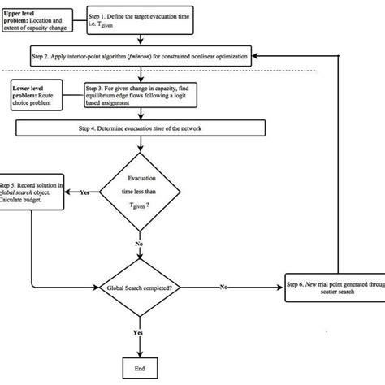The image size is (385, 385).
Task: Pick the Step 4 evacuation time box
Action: [x=142, y=128]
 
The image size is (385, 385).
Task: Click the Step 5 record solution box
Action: [x=32, y=194]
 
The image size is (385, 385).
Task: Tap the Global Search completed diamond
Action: [x=143, y=287]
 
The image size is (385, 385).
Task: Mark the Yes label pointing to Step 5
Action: [x=84, y=192]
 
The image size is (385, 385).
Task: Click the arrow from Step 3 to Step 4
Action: [x=144, y=112]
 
